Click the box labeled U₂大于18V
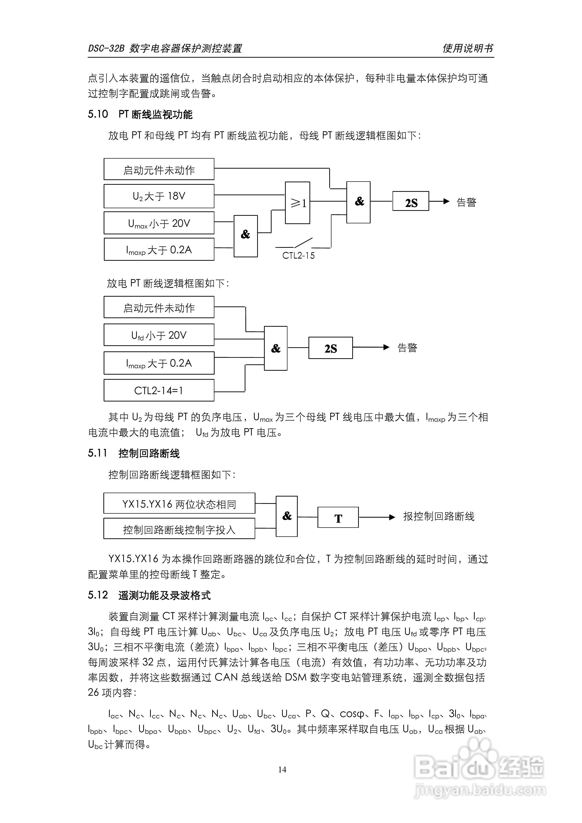(159, 196)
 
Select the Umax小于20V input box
(159, 223)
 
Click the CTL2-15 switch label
(298, 256)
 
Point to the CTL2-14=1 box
(159, 390)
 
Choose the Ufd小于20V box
(159, 335)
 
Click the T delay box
(338, 518)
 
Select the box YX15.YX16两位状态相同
(179, 504)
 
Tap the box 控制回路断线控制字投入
(179, 529)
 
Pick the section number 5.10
(98, 114)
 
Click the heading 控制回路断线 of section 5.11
(149, 454)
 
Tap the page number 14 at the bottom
(282, 769)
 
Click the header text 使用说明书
(468, 48)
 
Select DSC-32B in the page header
(106, 48)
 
